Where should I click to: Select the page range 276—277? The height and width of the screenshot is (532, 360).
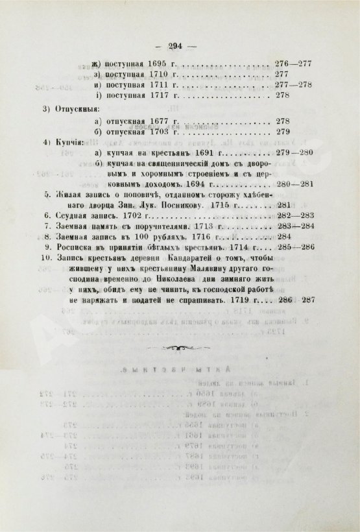(295, 66)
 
